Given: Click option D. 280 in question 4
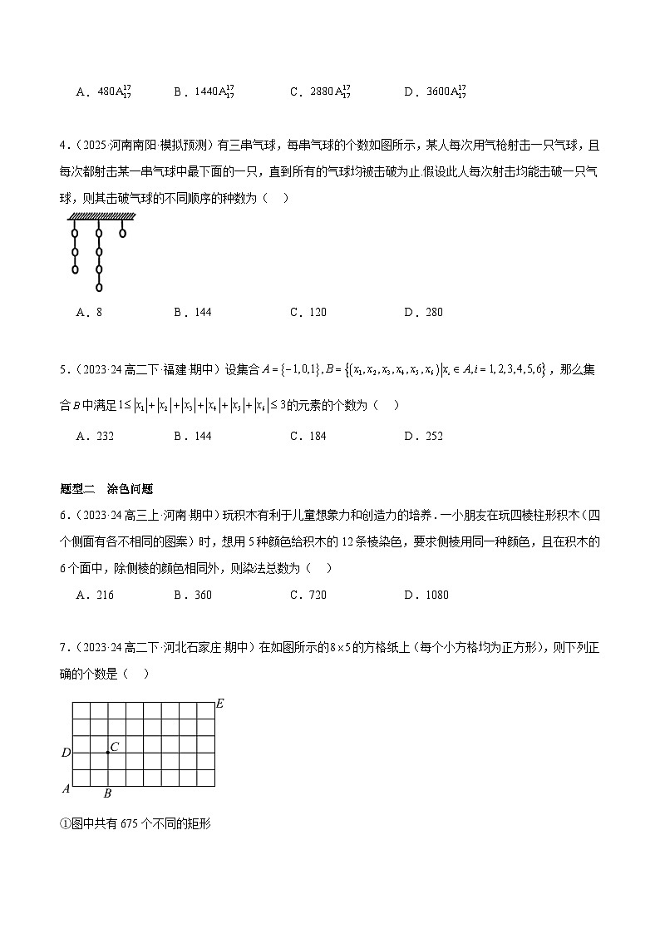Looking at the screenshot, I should (423, 312).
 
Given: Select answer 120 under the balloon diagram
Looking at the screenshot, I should (308, 312).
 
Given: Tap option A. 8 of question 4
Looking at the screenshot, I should (89, 312).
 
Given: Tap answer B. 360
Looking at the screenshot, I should (193, 595).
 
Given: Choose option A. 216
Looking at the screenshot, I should (94, 595).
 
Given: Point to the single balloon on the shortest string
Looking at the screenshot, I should (123, 233).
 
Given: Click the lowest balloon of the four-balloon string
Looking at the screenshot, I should (99, 288).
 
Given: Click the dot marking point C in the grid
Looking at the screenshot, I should (108, 753).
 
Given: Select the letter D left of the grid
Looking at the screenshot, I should (66, 754).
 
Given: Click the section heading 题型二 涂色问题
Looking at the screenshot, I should (106, 489).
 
